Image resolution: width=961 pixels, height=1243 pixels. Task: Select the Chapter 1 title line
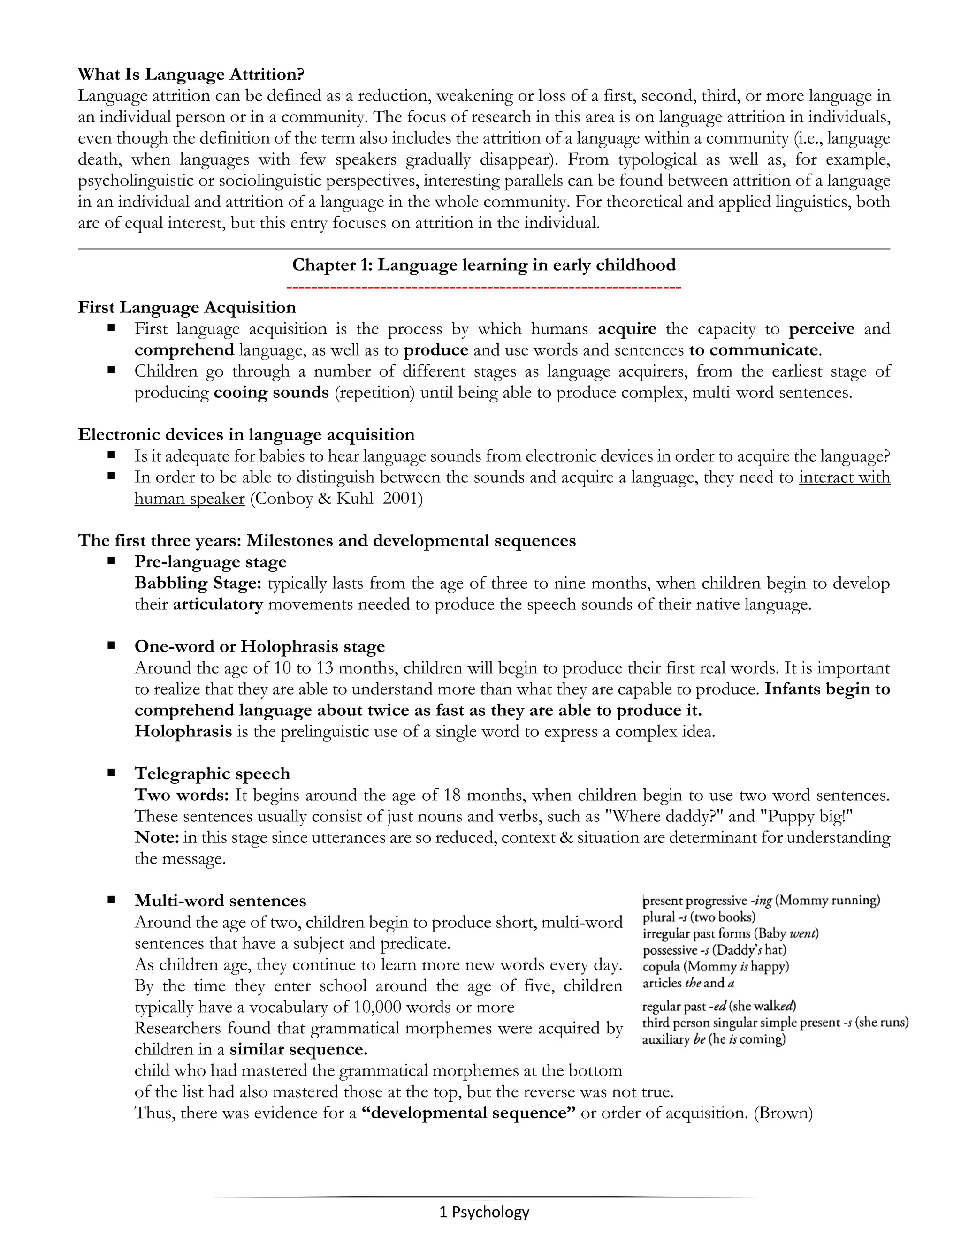pyautogui.click(x=484, y=265)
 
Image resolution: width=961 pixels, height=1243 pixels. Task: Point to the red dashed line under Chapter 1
pyautogui.click(x=484, y=288)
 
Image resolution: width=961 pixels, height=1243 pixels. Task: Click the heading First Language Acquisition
pyautogui.click(x=187, y=308)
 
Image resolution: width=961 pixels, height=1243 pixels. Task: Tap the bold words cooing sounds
pyautogui.click(x=271, y=393)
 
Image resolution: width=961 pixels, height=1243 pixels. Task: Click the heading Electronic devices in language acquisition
pyautogui.click(x=246, y=435)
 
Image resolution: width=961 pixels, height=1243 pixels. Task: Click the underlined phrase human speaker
pyautogui.click(x=190, y=499)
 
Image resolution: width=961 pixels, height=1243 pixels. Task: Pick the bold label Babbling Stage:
pyautogui.click(x=198, y=584)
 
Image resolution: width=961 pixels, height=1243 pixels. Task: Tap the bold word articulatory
pyautogui.click(x=217, y=605)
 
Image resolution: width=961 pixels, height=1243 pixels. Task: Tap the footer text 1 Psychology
pyautogui.click(x=484, y=1212)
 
